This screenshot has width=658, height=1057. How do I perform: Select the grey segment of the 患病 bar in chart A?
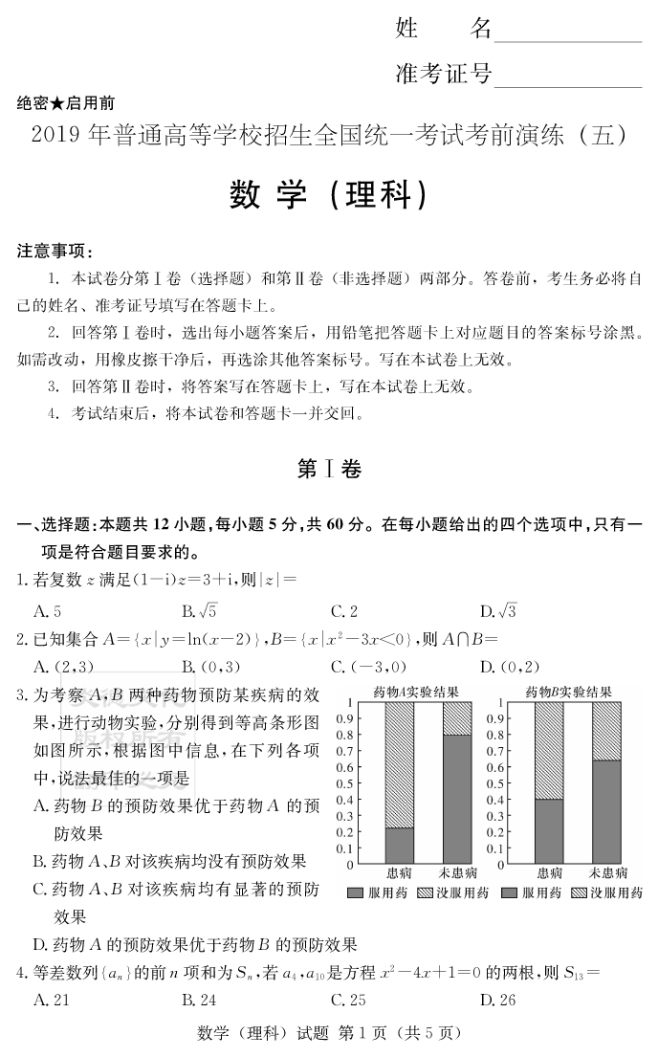pyautogui.click(x=400, y=846)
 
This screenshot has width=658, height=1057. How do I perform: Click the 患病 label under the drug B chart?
pyautogui.click(x=549, y=872)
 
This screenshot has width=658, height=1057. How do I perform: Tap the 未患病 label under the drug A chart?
pyautogui.click(x=458, y=872)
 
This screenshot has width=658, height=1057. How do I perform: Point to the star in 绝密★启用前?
pyautogui.click(x=59, y=103)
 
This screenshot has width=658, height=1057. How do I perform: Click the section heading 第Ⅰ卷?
pyautogui.click(x=328, y=469)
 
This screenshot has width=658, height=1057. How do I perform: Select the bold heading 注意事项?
pyautogui.click(x=55, y=252)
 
